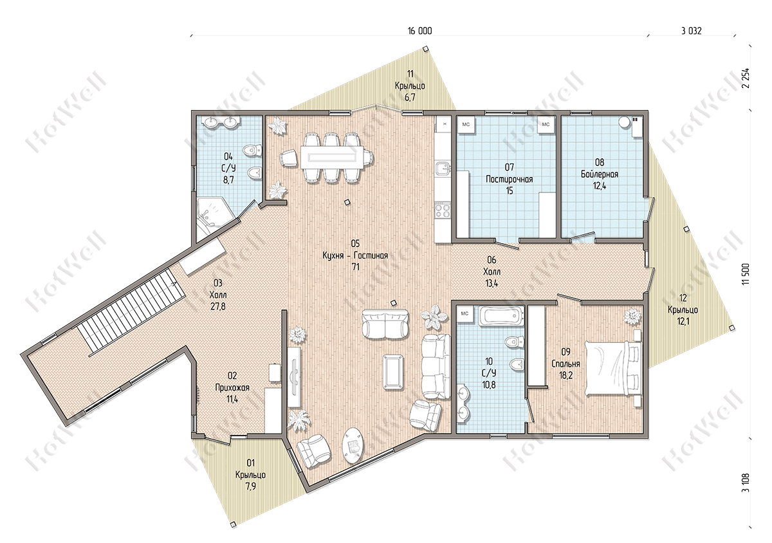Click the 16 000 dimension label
tap(419, 31)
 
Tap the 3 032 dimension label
tap(691, 31)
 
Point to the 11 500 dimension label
tap(746, 274)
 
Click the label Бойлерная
tap(600, 174)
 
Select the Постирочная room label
tap(509, 179)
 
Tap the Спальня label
tap(565, 364)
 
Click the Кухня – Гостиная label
tap(355, 255)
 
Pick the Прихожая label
tap(232, 387)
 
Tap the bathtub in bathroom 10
tap(500, 316)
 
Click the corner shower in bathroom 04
tap(216, 216)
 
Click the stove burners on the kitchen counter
tap(442, 210)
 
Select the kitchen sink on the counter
tap(442, 169)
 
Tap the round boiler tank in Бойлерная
tap(623, 122)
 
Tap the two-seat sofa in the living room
tap(385, 325)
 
